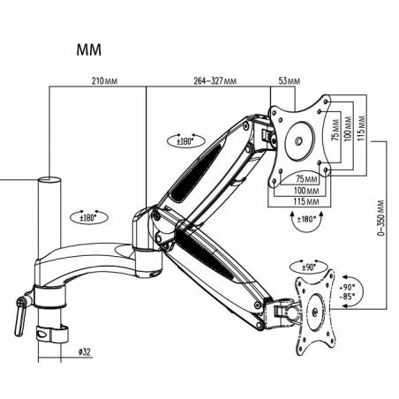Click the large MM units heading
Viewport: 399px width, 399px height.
coord(89,49)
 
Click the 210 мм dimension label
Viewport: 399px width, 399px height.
coord(104,80)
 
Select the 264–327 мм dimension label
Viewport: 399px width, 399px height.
coord(215,81)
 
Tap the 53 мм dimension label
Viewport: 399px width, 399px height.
coord(290,81)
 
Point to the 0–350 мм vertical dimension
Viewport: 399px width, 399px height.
coord(380,218)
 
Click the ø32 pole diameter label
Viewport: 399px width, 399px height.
coord(85,352)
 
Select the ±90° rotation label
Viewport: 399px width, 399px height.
coord(309,267)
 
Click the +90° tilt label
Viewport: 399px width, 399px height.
coord(347,288)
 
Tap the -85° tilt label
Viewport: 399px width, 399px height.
coord(347,297)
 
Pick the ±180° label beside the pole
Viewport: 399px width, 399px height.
coord(88,218)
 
